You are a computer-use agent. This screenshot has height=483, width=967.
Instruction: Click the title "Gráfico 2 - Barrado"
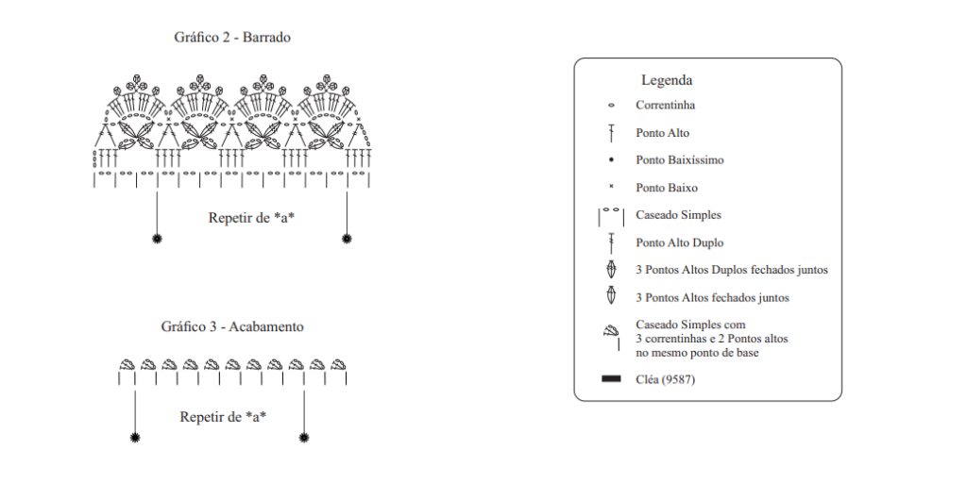coord(232,38)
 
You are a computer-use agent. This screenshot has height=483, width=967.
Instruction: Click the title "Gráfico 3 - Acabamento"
coord(232,326)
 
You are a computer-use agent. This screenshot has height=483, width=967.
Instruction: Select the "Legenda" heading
coord(667,80)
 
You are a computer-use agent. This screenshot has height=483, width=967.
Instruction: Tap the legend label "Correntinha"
coord(666,106)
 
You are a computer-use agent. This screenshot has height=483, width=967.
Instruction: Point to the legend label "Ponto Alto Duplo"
coord(680,242)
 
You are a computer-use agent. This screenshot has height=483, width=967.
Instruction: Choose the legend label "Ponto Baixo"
coord(667,188)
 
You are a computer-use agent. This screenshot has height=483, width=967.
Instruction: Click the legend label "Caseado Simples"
coord(678,215)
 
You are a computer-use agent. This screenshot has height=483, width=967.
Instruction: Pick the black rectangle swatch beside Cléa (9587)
coord(611,379)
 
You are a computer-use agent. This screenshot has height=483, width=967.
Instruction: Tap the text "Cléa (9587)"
coord(666,379)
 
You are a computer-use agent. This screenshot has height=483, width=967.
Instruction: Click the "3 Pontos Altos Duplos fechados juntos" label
coord(732,270)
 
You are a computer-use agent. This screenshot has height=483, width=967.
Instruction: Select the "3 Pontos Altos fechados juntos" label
coord(712,297)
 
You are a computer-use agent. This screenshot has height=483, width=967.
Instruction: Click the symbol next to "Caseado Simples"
coord(611,217)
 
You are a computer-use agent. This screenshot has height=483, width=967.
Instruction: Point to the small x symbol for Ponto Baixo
coord(611,187)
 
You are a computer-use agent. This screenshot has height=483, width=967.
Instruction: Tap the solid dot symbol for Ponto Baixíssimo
coord(611,159)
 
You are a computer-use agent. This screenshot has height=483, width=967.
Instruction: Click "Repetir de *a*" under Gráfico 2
coord(251,218)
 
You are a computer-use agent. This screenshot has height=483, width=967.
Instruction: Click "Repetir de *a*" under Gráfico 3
coord(223,417)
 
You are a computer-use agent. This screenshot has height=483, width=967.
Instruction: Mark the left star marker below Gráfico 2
coord(157,239)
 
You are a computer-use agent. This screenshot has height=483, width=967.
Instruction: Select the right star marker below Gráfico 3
coord(304,438)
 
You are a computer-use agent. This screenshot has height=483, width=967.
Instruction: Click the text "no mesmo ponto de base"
coord(697,353)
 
